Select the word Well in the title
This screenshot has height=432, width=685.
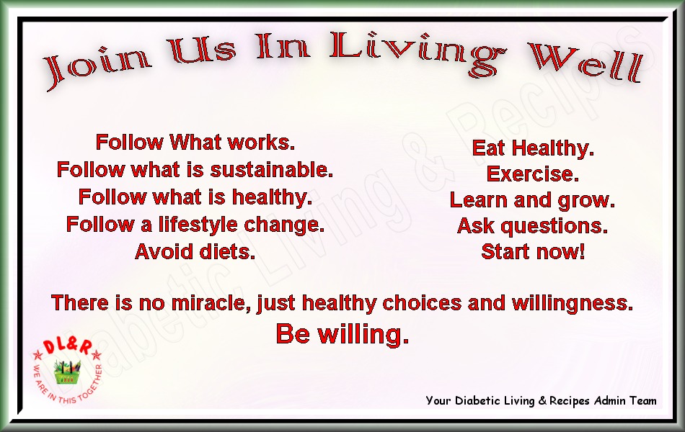pos(586,63)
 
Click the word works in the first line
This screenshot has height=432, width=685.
pos(261,143)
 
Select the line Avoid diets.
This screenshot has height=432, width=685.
pos(195,252)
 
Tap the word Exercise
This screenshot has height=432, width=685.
pos(533,174)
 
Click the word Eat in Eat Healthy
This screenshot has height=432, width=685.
pos(488,148)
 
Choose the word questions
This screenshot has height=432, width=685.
pos(554,227)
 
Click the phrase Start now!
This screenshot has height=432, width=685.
pos(533,252)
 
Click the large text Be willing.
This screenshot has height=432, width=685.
pos(342,334)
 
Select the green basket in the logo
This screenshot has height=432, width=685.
pos(67,372)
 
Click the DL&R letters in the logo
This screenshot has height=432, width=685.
pos(68,346)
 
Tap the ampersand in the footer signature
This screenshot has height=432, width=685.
pos(542,400)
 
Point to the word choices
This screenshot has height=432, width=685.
pos(422,303)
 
